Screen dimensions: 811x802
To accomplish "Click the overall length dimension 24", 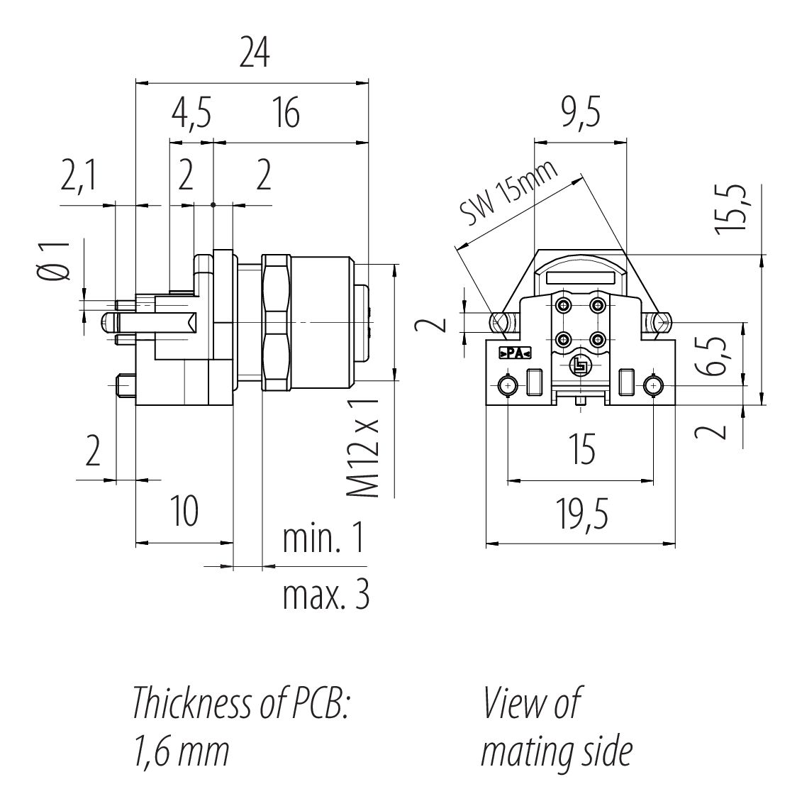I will [x=254, y=53].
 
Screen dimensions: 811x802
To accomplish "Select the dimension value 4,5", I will [x=191, y=114].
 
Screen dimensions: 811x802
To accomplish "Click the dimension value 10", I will [x=184, y=512].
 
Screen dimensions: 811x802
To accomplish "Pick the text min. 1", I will [x=323, y=541].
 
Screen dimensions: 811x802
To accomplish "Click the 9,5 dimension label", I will [x=581, y=114].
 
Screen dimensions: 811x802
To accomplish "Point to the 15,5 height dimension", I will [x=731, y=209].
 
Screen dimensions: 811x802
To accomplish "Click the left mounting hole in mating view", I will [x=508, y=385].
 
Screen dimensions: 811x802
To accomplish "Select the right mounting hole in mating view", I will [x=652, y=385].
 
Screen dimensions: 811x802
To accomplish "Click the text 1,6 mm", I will [x=181, y=752].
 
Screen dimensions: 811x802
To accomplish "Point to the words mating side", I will [x=556, y=752].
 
